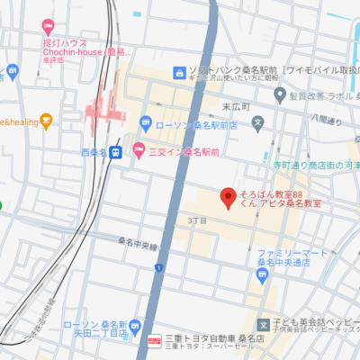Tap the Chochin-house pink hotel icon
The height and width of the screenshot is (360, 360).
tap(48, 26)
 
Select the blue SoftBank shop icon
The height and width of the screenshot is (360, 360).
tap(180, 71)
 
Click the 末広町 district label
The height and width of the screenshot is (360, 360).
tap(233, 107)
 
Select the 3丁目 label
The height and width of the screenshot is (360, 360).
tap(197, 220)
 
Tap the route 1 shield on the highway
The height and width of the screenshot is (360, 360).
tap(158, 267)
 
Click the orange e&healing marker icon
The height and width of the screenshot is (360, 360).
tap(46, 119)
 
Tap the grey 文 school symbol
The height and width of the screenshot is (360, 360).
tap(257, 121)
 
